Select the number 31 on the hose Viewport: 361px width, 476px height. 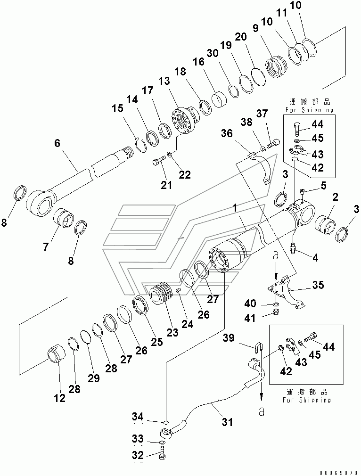tap(227, 423)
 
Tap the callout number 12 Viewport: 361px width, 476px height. tap(59, 398)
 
